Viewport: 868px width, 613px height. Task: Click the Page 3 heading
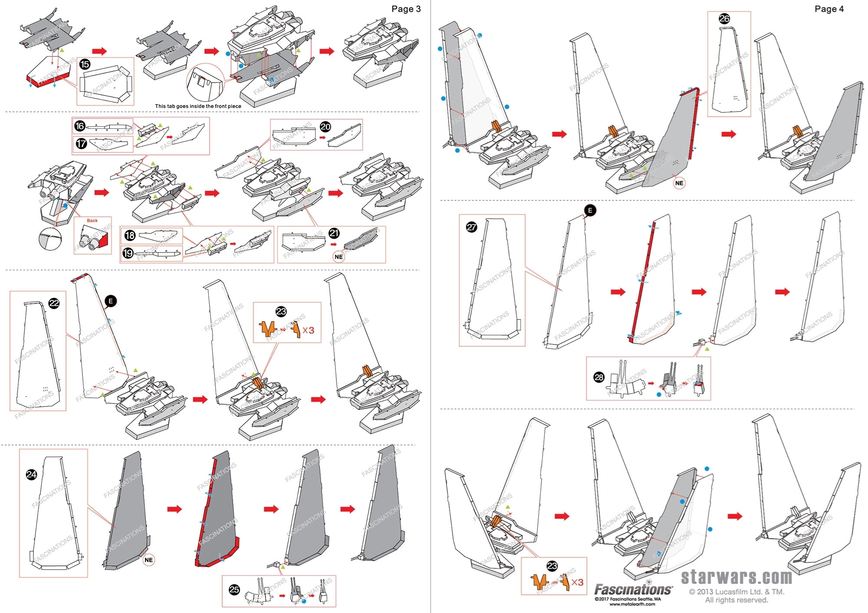[x=406, y=9]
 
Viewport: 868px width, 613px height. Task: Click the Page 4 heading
[x=829, y=9]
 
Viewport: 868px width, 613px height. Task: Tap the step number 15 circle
[x=85, y=65]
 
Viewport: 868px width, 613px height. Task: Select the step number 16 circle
[x=80, y=126]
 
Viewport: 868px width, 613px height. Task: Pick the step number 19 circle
[x=128, y=253]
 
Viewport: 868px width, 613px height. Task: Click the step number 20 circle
[x=325, y=127]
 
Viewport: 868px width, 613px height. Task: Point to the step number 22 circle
[x=54, y=303]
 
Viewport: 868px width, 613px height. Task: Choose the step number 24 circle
[x=32, y=475]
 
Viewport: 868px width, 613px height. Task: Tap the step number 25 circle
[x=234, y=590]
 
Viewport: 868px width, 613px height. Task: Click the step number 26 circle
[x=724, y=19]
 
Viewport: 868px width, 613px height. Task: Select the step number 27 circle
[x=472, y=227]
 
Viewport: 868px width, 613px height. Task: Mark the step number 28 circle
[x=599, y=377]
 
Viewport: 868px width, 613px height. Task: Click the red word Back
[x=92, y=220]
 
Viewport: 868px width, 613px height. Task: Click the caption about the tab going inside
[x=198, y=106]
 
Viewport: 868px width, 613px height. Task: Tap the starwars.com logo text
[x=736, y=577]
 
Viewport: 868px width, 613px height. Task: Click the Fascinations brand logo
[x=632, y=590]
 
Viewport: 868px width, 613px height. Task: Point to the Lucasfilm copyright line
[x=736, y=592]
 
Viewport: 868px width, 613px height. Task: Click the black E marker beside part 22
[x=111, y=301]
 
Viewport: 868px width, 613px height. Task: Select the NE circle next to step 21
[x=339, y=257]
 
